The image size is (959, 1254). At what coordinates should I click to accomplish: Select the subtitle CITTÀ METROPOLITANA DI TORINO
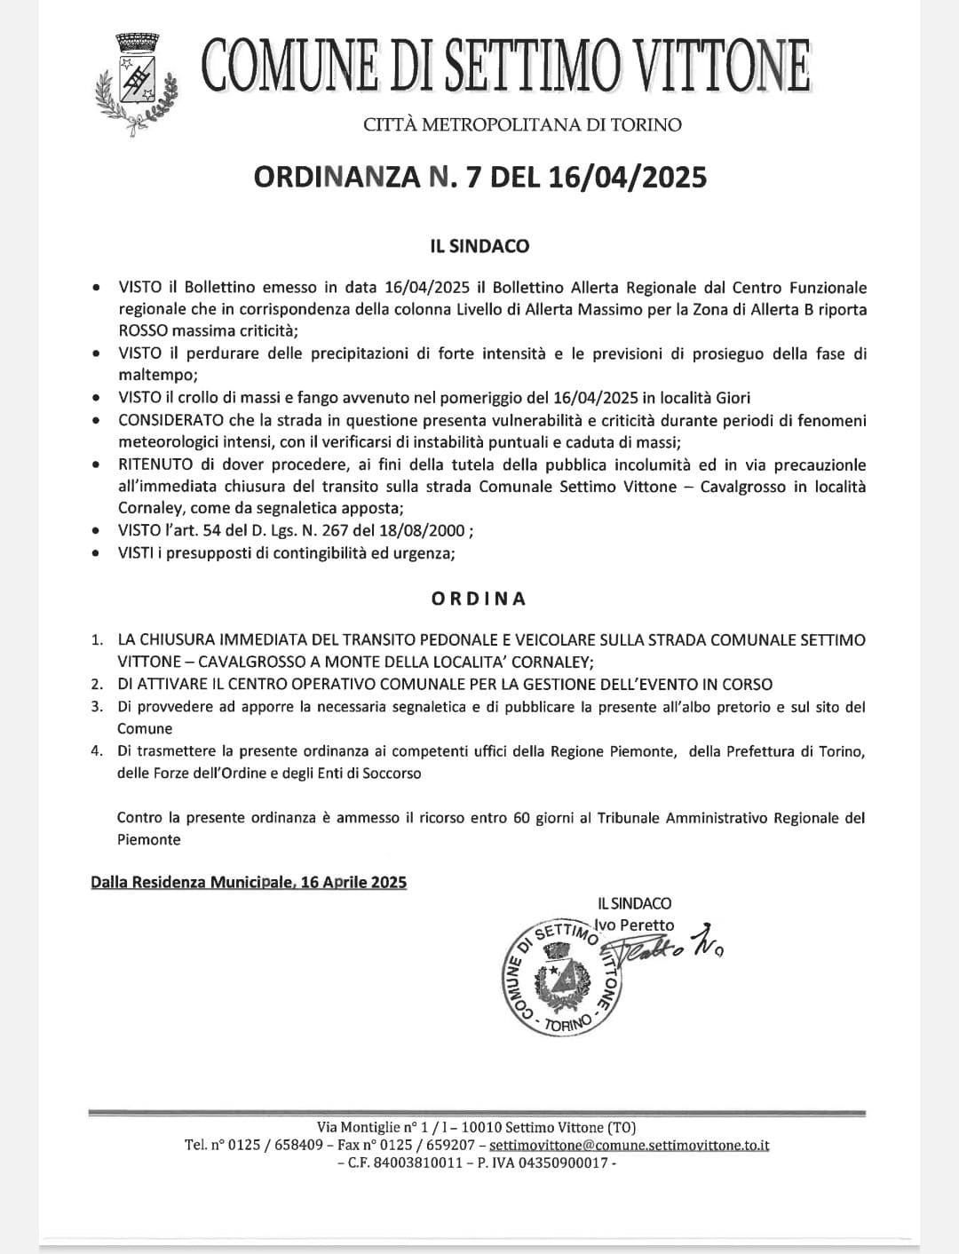[523, 125]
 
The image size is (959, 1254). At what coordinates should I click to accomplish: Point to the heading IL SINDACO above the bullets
[479, 246]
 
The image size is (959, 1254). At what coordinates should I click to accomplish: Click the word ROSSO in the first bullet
[142, 330]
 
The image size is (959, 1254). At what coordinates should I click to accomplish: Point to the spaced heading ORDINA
[479, 599]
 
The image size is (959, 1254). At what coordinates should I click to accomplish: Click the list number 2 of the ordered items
[97, 685]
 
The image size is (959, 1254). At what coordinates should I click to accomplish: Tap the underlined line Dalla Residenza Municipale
[249, 882]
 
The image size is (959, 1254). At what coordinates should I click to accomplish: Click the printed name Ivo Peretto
[635, 925]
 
